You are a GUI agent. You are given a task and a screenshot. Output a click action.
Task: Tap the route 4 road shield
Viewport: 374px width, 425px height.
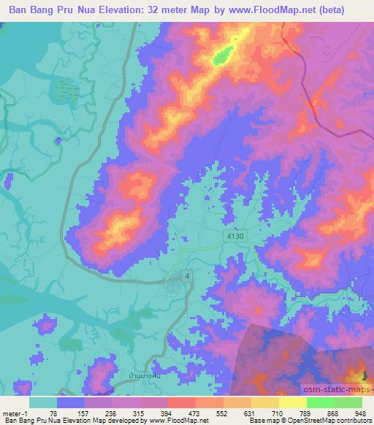(x=188, y=275)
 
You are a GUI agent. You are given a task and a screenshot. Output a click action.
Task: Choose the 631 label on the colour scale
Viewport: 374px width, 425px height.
(x=251, y=413)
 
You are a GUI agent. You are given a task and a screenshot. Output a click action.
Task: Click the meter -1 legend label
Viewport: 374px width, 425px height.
(x=15, y=413)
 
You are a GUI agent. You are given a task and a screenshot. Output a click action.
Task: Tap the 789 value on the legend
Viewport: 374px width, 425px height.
(x=307, y=413)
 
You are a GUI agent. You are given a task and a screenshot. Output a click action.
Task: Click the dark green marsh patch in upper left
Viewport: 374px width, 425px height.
(x=64, y=90)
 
